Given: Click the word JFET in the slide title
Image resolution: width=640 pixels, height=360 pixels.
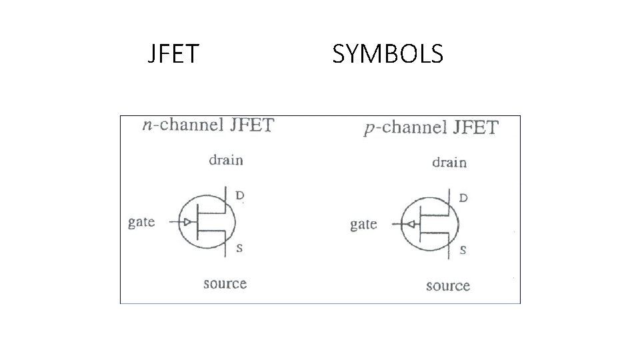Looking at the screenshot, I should tap(173, 54).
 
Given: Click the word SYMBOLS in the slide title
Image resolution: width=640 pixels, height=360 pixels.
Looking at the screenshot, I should tap(387, 54).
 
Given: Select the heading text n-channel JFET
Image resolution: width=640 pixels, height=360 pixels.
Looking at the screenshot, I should tap(208, 125).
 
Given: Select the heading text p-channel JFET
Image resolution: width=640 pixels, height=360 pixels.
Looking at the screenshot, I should tap(431, 128).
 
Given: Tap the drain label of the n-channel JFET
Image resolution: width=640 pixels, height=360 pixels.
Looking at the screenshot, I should tap(226, 160).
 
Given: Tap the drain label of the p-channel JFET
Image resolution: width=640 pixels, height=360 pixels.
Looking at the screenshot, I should tap(449, 162).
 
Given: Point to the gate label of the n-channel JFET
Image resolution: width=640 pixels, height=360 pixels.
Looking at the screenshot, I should tap(141, 222).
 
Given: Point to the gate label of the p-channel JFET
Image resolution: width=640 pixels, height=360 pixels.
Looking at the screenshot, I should tap(363, 225).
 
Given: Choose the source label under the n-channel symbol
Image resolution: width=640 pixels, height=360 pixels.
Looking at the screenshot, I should tap(225, 284).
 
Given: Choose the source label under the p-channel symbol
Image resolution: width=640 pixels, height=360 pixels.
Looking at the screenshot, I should tap(448, 286).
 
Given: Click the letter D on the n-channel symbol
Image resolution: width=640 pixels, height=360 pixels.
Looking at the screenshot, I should tap(240, 196).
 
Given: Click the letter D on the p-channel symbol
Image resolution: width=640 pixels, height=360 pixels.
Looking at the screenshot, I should tap(463, 198).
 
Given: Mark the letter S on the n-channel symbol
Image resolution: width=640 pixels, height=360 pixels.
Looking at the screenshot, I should tap(239, 248).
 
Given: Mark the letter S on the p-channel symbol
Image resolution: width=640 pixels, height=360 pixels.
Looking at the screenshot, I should tap(463, 251).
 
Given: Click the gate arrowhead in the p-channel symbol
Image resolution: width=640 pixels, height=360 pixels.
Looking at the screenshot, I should tap(412, 225).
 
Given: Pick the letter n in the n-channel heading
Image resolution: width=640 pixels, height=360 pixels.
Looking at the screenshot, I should tap(147, 127).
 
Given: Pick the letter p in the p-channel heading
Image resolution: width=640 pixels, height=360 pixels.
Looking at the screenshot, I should tap(368, 130).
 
